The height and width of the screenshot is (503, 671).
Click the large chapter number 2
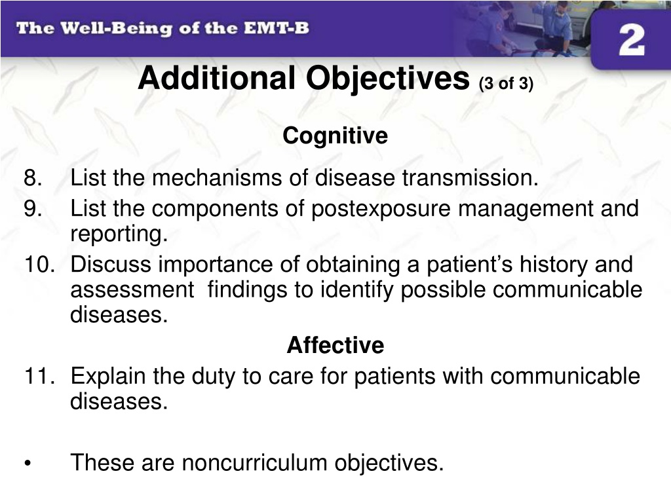point(631,40)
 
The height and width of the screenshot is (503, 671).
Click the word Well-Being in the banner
point(117,29)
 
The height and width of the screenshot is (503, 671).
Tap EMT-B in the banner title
point(276,28)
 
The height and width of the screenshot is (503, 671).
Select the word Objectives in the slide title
point(388,79)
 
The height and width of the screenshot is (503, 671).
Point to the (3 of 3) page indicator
point(506,83)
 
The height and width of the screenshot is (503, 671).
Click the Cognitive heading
point(335,136)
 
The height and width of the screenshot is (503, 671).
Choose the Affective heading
point(335,345)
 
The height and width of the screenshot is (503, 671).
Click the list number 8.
point(33,178)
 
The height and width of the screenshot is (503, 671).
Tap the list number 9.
point(33,209)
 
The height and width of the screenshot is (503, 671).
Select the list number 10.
point(39,265)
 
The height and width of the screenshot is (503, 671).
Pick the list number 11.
point(39,377)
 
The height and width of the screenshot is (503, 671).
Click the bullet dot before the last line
point(28,463)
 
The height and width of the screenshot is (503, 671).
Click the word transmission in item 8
point(470,177)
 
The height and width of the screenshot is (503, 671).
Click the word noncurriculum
point(255,463)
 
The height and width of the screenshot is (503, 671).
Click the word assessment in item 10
point(132,290)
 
